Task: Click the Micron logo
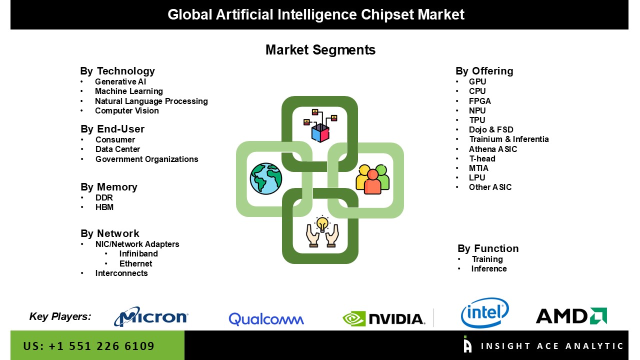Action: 151,316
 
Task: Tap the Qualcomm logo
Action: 266,319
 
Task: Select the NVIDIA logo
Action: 383,318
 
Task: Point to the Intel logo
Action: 484,313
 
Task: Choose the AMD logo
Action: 571,316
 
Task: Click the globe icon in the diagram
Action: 266,178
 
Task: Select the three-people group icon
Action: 372,178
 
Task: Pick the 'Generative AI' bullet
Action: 120,81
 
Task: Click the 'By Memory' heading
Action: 108,187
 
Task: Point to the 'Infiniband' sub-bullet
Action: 138,253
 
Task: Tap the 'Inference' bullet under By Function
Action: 488,268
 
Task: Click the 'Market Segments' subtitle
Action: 320,50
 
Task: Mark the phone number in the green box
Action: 89,346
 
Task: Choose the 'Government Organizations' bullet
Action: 146,159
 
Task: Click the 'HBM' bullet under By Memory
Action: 104,207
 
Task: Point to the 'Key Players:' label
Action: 60,316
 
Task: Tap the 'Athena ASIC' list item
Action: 492,149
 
